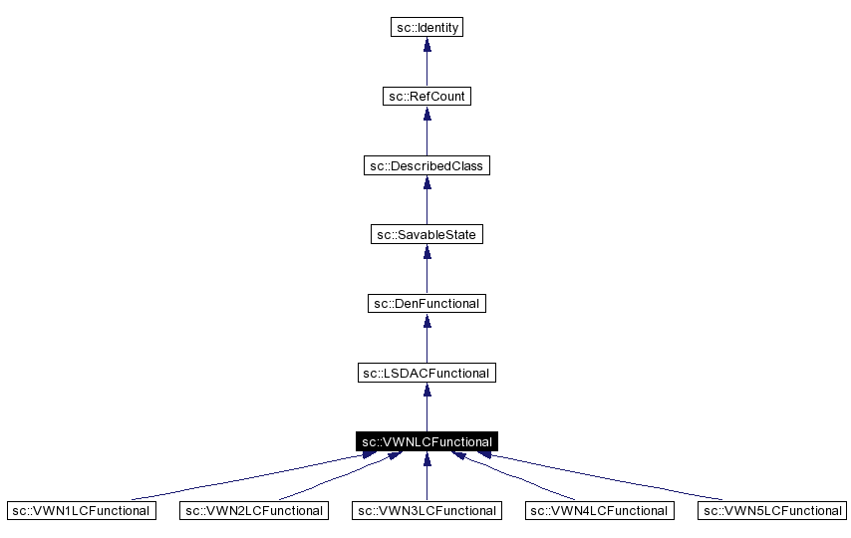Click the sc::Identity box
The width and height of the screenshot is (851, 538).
(426, 28)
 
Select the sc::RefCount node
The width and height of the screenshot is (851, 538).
(426, 97)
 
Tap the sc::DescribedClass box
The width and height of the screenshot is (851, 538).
(426, 165)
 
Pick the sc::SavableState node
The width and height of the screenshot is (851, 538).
(426, 234)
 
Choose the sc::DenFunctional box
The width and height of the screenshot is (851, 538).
(426, 303)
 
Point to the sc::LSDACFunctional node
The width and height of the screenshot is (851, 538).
(426, 372)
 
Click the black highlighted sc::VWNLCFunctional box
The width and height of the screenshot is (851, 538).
(426, 440)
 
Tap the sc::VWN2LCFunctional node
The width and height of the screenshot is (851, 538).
(253, 510)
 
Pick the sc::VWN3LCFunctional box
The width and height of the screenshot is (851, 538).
(426, 510)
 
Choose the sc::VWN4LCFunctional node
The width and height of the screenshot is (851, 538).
(599, 510)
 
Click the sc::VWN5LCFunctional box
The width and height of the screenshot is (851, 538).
(771, 510)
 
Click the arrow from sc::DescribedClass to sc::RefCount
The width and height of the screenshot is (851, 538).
(426, 132)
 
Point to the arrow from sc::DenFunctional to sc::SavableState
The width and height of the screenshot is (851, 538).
(426, 269)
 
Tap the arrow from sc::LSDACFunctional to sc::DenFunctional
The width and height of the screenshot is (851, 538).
(426, 338)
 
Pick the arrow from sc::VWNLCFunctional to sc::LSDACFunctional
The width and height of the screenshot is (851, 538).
(426, 406)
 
